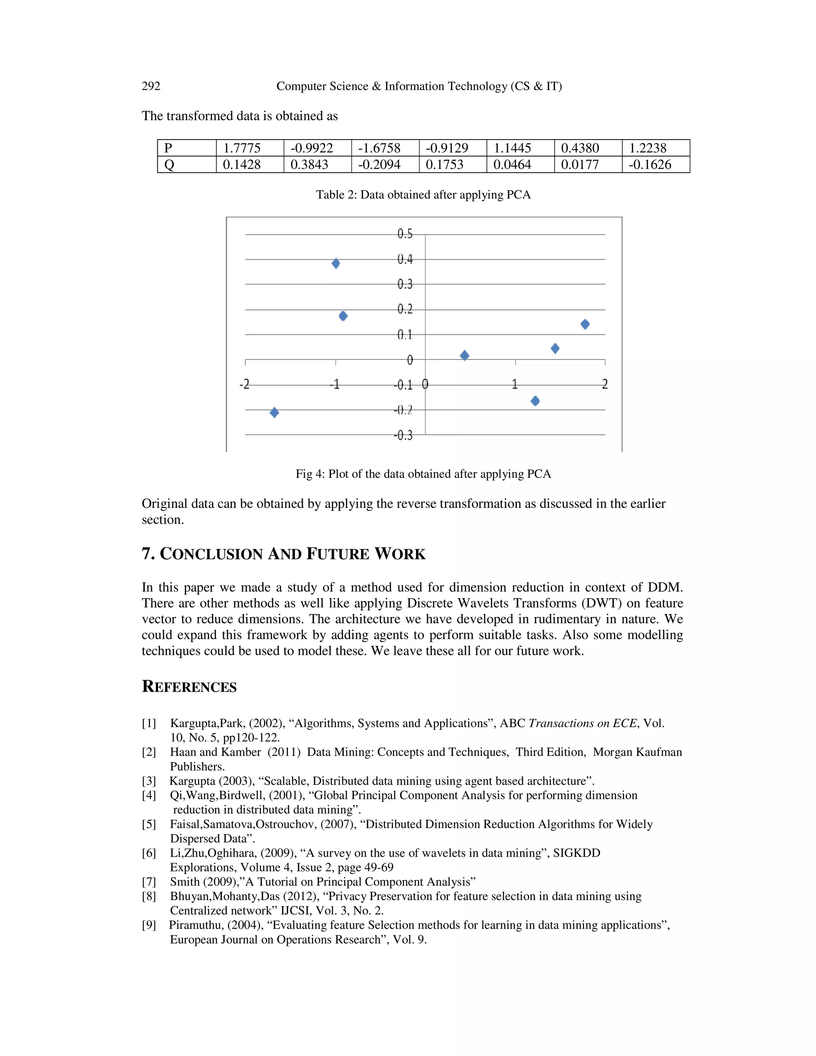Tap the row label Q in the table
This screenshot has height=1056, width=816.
click(169, 165)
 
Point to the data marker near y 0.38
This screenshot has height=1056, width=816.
click(335, 263)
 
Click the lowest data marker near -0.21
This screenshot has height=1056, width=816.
click(274, 412)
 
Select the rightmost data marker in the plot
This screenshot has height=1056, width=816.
click(585, 324)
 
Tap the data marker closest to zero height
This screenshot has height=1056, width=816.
click(465, 355)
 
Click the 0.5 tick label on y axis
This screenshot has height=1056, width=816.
click(405, 234)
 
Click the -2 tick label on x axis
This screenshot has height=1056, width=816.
click(245, 385)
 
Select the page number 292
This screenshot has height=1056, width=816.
click(151, 86)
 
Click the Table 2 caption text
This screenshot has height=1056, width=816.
click(423, 194)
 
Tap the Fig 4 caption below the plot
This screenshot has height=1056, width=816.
click(423, 474)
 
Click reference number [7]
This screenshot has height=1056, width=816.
click(149, 882)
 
